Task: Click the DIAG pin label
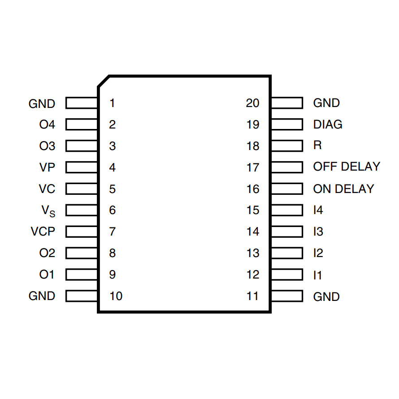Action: pyautogui.click(x=328, y=124)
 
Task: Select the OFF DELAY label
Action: pyautogui.click(x=347, y=167)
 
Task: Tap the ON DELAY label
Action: pyautogui.click(x=343, y=189)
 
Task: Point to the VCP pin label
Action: pyautogui.click(x=43, y=232)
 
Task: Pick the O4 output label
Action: pyautogui.click(x=47, y=124)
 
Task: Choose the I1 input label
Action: pyautogui.click(x=317, y=275)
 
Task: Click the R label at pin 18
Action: pyautogui.click(x=317, y=146)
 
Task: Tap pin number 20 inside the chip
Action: pyautogui.click(x=253, y=103)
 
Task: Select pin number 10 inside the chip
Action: pyautogui.click(x=116, y=296)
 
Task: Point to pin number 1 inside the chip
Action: pyautogui.click(x=112, y=103)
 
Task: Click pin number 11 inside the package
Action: pyautogui.click(x=253, y=296)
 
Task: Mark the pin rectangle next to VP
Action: pyautogui.click(x=82, y=167)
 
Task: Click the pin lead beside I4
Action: pyautogui.click(x=287, y=210)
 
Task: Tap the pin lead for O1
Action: pyautogui.click(x=82, y=275)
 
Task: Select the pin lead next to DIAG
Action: pyautogui.click(x=287, y=124)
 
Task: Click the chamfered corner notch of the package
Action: pyautogui.click(x=104, y=81)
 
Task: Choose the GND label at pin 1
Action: pyautogui.click(x=42, y=104)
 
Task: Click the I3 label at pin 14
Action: pyautogui.click(x=318, y=232)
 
